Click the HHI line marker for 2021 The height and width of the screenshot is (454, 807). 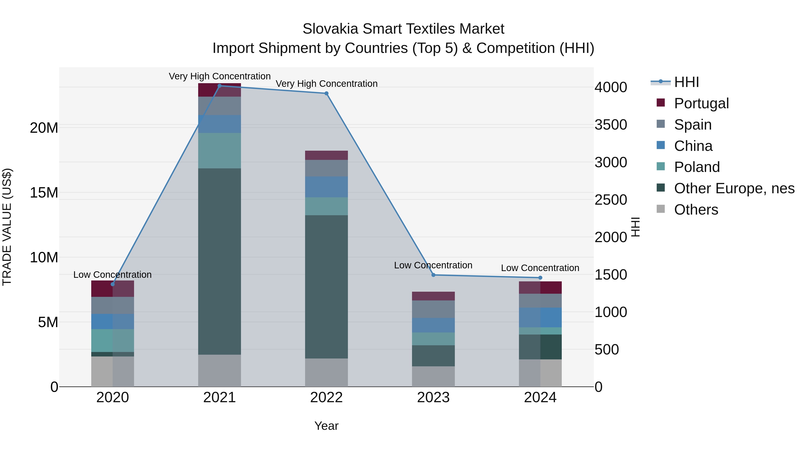[220, 86]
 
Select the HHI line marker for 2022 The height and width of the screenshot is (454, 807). [326, 93]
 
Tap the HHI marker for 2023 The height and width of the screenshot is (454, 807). [433, 275]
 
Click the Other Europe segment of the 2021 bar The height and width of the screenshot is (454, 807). [220, 262]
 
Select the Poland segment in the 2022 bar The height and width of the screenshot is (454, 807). [326, 206]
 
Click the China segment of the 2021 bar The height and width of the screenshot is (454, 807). [220, 124]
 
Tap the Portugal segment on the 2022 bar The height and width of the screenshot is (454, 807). [326, 155]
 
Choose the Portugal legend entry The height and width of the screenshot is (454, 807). [701, 103]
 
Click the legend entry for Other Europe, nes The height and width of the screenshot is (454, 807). [734, 188]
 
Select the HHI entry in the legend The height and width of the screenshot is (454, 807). [686, 82]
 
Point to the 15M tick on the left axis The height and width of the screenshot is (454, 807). [44, 193]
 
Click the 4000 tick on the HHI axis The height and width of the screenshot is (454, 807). [611, 87]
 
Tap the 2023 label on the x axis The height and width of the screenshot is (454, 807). [433, 398]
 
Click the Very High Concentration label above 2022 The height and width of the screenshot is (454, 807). [326, 84]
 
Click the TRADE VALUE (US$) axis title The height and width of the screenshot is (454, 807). [7, 227]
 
